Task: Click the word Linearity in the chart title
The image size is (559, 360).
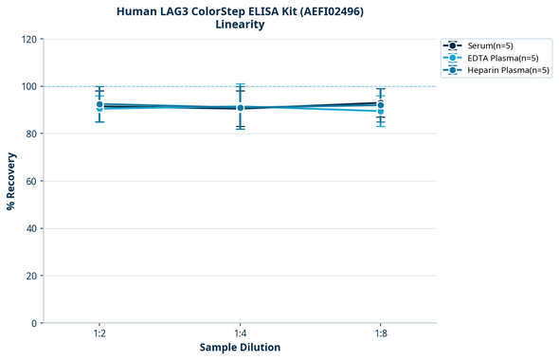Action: tap(240, 25)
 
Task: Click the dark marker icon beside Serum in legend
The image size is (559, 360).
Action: tap(454, 45)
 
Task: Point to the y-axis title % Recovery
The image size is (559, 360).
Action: tap(11, 181)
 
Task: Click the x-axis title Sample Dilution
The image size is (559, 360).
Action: tap(240, 348)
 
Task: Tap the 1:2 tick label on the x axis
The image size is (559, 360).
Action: tap(99, 333)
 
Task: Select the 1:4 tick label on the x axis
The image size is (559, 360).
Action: tap(240, 333)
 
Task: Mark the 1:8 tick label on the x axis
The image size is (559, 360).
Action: tap(380, 333)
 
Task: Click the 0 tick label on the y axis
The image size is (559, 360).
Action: tap(33, 323)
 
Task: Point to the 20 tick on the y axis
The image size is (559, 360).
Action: tap(30, 276)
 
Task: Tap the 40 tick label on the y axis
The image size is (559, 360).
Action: tap(30, 228)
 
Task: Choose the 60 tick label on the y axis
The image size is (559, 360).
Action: tap(30, 181)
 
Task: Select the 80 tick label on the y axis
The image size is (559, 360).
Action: tap(30, 134)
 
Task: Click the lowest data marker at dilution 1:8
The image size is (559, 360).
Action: tap(380, 111)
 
